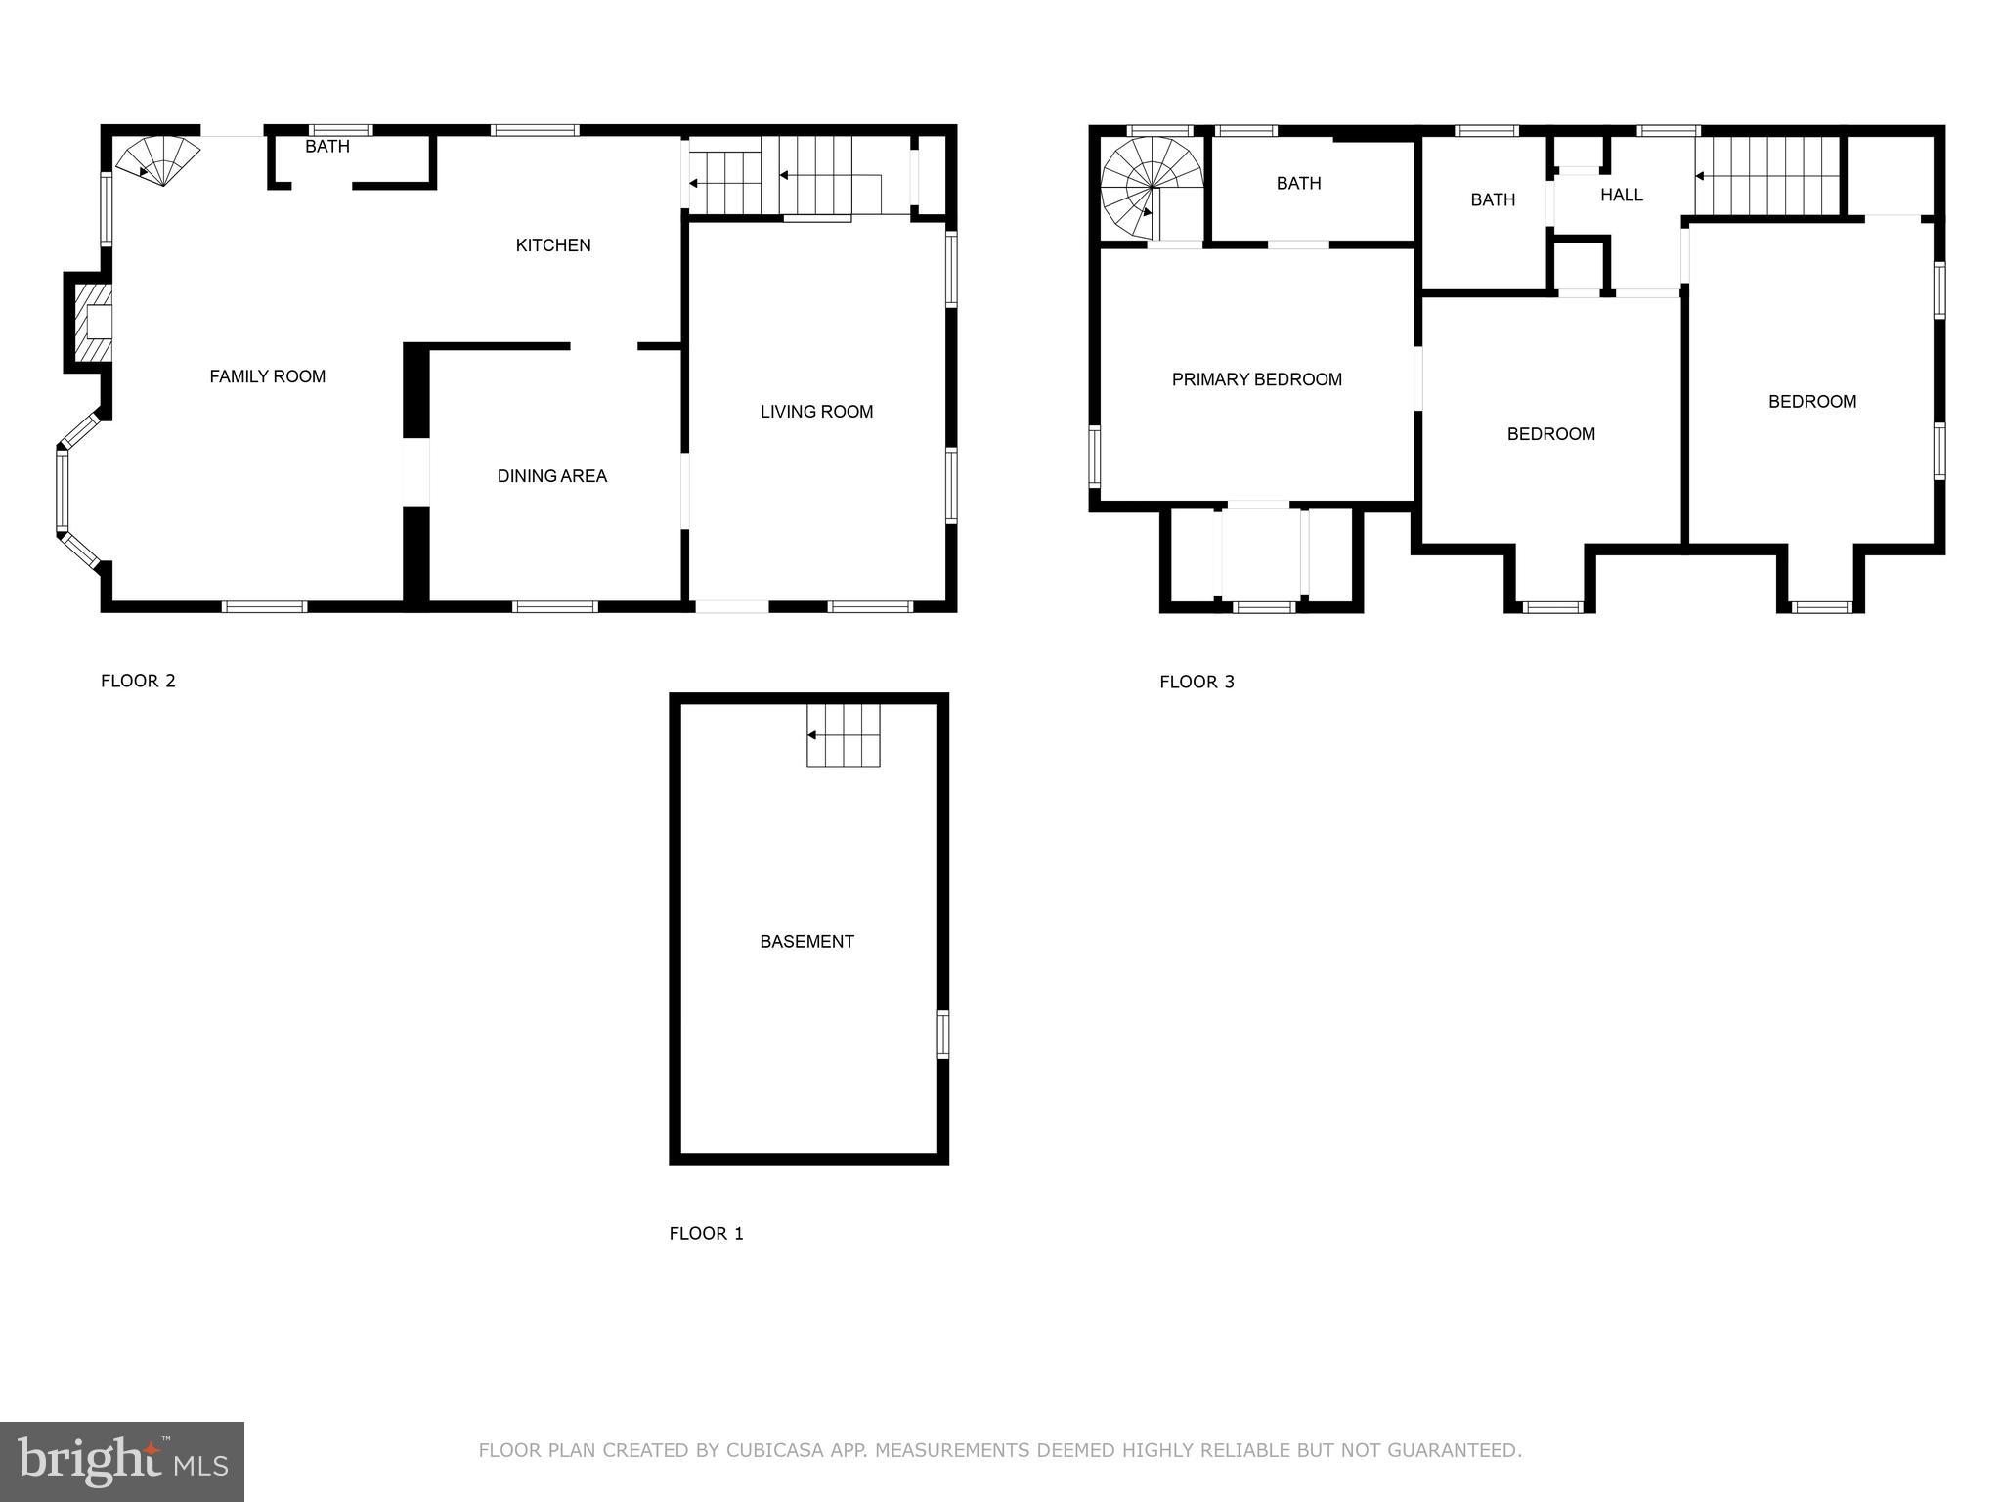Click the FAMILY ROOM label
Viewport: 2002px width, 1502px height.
(267, 376)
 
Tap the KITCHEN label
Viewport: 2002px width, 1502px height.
(553, 245)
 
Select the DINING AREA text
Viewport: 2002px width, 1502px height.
(552, 476)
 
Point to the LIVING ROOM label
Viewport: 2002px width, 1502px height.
(816, 412)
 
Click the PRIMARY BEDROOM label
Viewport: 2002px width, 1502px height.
(1256, 379)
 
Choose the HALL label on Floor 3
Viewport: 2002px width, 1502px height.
(1621, 195)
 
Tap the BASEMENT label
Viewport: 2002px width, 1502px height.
(806, 942)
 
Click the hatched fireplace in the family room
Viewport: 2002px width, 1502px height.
(94, 323)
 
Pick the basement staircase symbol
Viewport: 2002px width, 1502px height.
(843, 735)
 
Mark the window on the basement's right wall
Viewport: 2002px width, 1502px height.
(943, 1035)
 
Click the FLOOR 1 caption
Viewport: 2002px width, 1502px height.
(706, 1234)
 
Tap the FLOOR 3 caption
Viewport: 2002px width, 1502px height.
(1197, 683)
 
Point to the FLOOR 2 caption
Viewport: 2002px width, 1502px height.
(138, 682)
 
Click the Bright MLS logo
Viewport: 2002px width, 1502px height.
(122, 1461)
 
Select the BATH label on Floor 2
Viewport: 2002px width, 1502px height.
(326, 147)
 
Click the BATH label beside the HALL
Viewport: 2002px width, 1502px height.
(1493, 200)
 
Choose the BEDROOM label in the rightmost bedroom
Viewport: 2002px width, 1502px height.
(1811, 402)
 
